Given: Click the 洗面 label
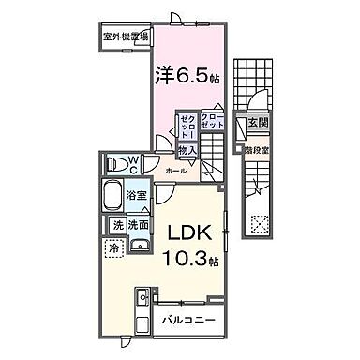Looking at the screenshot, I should point(139,225).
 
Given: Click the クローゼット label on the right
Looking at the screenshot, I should point(211,123).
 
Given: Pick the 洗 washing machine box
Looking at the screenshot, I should point(118,225).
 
